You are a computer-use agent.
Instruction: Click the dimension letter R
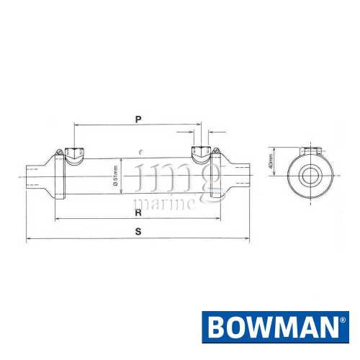pos(138,213)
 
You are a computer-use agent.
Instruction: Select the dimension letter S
pos(138,231)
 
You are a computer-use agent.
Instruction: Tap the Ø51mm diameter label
pos(116,176)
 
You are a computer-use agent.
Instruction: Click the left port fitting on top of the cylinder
pos(74,153)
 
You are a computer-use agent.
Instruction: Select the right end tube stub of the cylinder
pos(239,176)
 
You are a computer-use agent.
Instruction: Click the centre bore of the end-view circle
pos(311,176)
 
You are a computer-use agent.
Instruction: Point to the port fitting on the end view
pos(312,151)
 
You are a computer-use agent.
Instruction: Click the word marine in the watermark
pos(166,203)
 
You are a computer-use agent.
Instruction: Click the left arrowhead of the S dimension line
pos(29,239)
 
